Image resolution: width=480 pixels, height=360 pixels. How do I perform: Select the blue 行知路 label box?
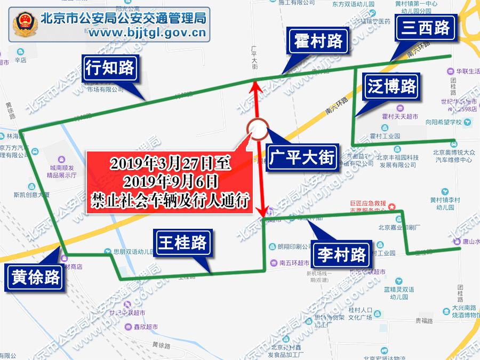point(110,68)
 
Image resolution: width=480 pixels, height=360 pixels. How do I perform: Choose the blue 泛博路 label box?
point(391,87)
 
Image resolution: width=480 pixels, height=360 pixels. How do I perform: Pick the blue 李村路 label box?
point(342,255)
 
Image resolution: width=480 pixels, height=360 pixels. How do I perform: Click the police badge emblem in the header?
point(25,25)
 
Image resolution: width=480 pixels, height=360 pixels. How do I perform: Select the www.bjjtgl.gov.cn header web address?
point(147,35)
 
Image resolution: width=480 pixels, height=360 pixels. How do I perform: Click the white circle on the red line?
point(258,130)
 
